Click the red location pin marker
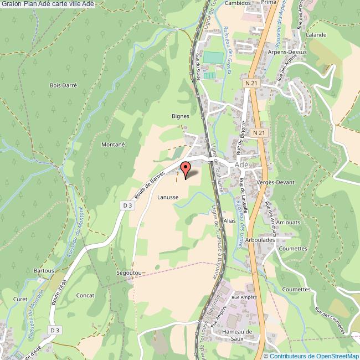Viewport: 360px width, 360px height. [x=186, y=168]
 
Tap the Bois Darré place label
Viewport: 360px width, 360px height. [x=63, y=85]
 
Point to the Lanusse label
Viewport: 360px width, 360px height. [x=167, y=197]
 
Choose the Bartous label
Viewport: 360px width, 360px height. [x=44, y=270]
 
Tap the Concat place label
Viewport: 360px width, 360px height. [x=85, y=295]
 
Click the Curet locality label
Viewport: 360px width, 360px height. [x=20, y=300]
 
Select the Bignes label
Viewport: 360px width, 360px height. [x=181, y=116]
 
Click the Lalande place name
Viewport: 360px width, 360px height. [x=316, y=34]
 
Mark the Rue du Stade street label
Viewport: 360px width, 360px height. [x=197, y=66]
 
